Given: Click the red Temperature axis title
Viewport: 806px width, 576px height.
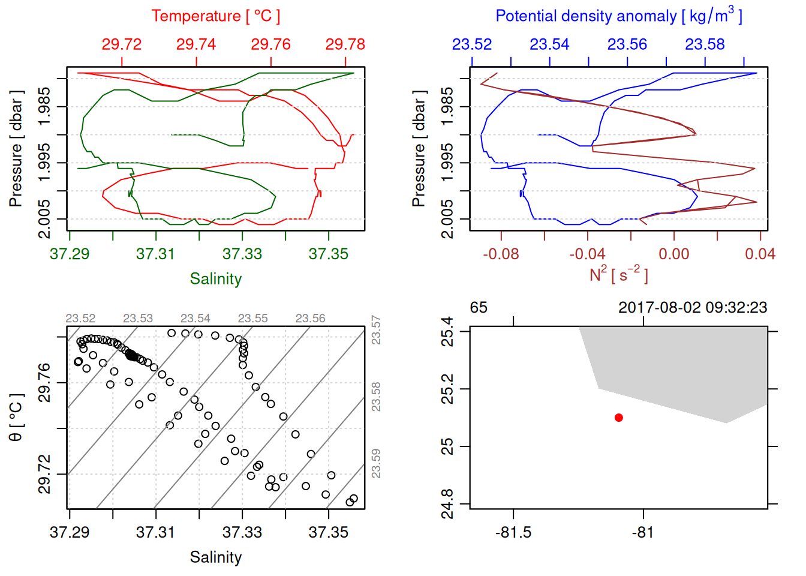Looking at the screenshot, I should coord(215,16).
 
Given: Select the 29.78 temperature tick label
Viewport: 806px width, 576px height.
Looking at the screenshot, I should coord(345,44).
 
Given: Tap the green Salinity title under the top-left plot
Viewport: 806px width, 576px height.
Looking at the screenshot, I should coord(215,279).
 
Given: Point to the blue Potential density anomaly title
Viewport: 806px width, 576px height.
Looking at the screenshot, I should coord(618,16).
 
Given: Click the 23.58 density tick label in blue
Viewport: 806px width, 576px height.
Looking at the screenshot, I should coord(705,44).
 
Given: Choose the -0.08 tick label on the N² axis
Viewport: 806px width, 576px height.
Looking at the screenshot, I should coord(501,254).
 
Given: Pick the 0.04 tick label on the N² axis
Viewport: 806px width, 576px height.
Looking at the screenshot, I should coord(760,254).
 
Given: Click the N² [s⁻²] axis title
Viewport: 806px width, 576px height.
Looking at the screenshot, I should coord(618,275).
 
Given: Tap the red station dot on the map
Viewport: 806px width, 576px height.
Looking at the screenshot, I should coord(618,418).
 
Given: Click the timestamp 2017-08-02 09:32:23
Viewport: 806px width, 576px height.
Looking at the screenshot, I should coord(693,308).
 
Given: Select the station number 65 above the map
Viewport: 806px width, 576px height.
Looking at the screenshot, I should coord(479,308).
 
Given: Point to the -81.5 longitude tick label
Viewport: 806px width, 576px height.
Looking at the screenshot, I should coord(513,532).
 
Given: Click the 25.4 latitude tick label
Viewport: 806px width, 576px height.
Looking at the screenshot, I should coord(447,331).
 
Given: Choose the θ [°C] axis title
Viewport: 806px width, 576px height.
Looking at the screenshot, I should coord(16,418).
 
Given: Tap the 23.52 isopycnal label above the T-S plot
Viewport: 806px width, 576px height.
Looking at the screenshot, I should coord(80,319).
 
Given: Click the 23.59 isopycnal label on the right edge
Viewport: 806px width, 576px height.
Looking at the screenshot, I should coord(376,463).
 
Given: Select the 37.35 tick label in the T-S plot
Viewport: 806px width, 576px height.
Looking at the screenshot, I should coord(328,532).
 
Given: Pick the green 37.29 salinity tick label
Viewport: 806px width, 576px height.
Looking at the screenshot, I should coord(70,254).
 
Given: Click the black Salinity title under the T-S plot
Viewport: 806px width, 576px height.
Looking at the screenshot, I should coord(215,557).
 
